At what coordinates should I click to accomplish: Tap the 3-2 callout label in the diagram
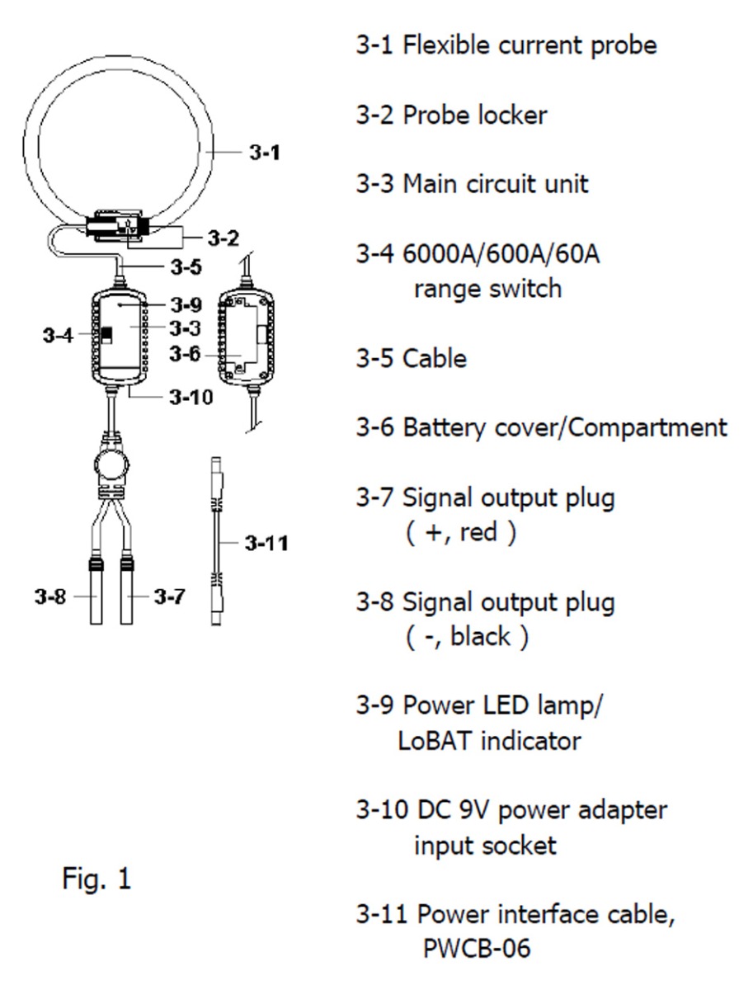(223, 239)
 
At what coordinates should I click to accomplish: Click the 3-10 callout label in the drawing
(191, 397)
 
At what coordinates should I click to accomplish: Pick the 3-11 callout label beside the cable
(266, 544)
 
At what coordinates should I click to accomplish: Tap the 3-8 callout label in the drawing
(50, 597)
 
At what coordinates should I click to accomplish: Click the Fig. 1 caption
(96, 879)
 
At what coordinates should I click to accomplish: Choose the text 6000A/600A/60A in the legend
(501, 254)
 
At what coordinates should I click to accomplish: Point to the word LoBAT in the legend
(435, 740)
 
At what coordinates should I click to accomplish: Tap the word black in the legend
(480, 638)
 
